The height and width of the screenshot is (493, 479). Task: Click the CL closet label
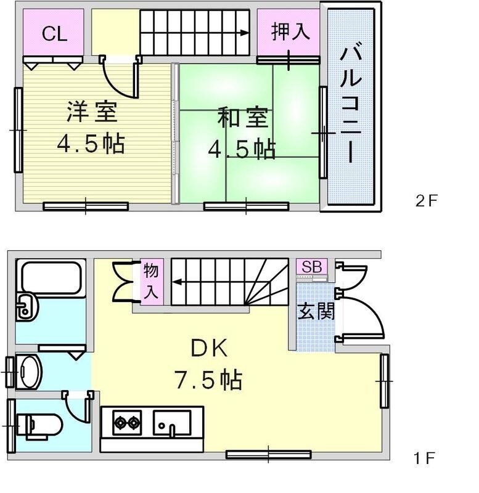coord(54,34)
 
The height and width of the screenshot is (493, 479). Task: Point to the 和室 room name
coord(243,117)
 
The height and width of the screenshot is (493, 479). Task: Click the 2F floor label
coord(425,200)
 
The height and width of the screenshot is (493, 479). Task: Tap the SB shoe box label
coord(311,267)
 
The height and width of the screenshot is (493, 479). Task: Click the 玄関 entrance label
coord(316,311)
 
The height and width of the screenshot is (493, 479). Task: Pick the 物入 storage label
coord(151,281)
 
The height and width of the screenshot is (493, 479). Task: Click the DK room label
coord(208,349)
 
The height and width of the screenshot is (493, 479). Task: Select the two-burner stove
coord(126,423)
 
